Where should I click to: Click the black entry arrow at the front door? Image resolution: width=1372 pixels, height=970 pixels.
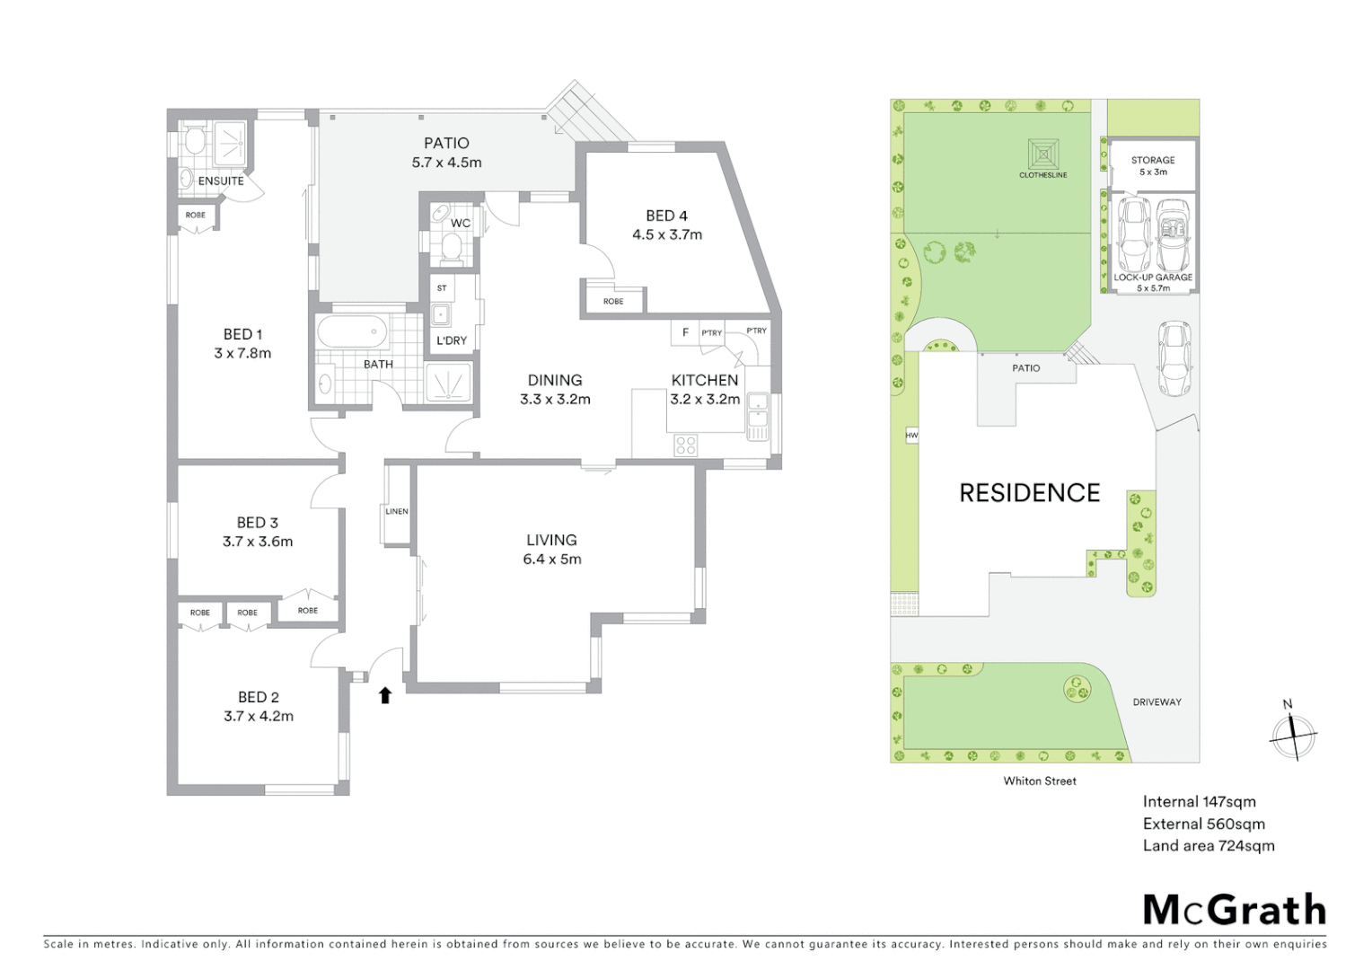coord(385,694)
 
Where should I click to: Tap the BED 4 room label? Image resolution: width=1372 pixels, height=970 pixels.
coord(666,216)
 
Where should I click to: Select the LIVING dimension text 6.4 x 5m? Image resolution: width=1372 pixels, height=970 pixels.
coord(551,559)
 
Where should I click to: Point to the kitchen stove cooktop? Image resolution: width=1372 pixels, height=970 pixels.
coord(686,445)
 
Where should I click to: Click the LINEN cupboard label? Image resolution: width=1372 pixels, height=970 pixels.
coord(396,512)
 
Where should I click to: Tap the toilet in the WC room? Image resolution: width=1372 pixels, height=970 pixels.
coord(451,247)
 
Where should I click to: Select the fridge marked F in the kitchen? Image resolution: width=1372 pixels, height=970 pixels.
coord(685,333)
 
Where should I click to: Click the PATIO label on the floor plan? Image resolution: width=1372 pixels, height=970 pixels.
coord(446,143)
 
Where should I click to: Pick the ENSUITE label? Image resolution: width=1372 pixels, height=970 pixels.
coord(221,181)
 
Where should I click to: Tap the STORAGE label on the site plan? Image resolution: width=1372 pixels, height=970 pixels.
coord(1153,160)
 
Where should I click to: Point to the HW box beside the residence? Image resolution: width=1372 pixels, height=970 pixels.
coord(911,436)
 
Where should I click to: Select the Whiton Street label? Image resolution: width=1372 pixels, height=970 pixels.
coord(1040,780)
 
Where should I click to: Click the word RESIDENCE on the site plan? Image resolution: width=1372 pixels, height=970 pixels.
coord(1029,492)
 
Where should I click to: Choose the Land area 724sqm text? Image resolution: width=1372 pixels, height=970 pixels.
coord(1208,845)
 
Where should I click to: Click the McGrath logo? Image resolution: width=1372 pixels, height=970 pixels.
coord(1234,909)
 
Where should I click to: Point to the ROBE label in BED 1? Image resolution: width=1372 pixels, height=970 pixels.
coord(196,216)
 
